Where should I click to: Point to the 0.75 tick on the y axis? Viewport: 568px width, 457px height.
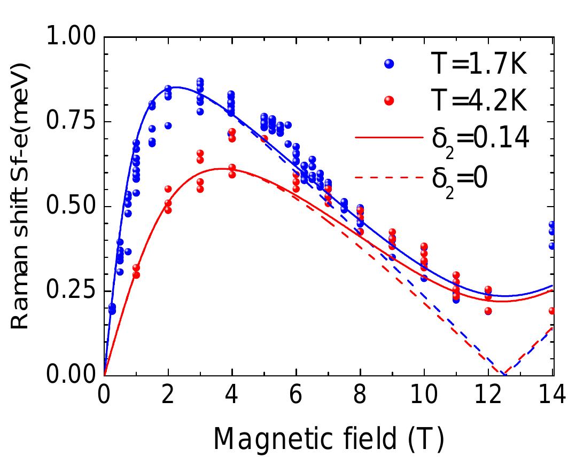pos(74,122)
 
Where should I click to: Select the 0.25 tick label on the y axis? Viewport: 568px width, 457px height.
pos(74,290)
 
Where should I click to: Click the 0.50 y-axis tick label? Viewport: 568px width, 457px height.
pos(74,206)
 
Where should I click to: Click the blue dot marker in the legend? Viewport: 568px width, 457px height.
pos(390,64)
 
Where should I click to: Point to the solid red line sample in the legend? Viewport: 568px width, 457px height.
pos(388,138)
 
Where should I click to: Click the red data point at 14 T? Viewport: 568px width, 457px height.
pos(552,311)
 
